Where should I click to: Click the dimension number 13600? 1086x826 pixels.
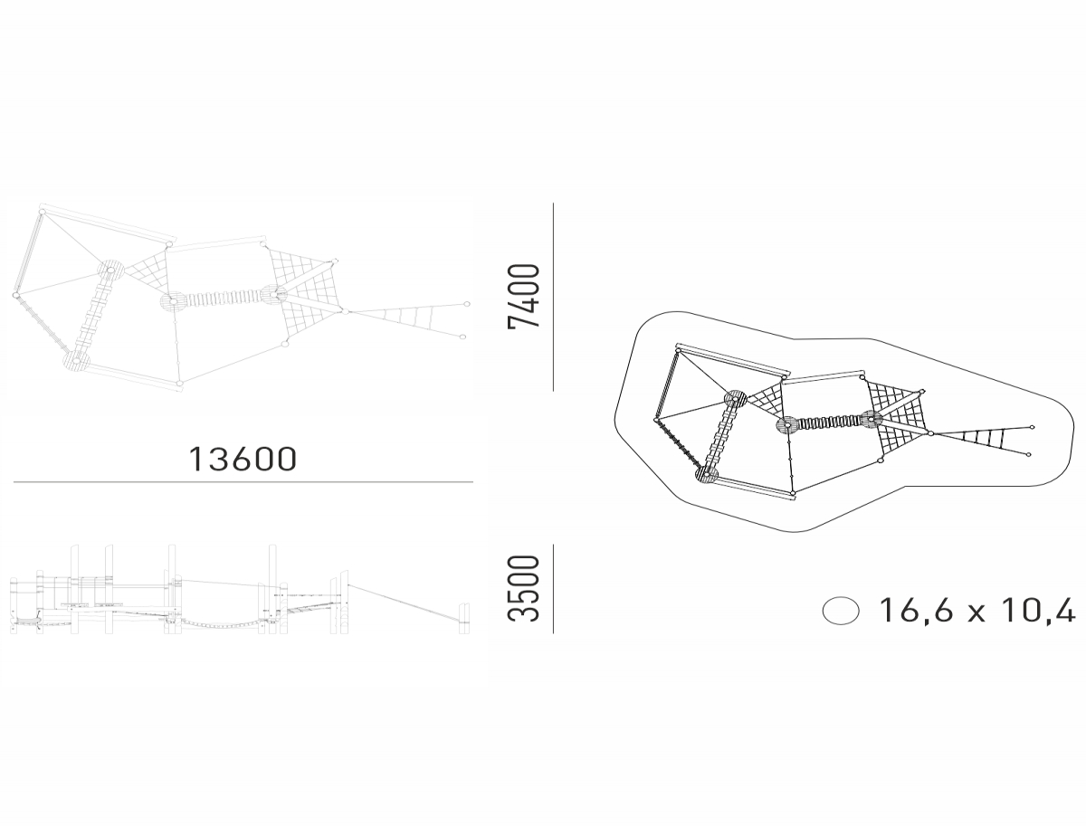click(243, 459)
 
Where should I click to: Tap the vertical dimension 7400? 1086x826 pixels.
click(523, 296)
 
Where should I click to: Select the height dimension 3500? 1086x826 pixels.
click(523, 589)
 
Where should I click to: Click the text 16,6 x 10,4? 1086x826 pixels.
click(977, 610)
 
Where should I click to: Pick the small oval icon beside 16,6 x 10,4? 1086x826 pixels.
click(841, 611)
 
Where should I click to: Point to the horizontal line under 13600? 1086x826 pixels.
click(243, 481)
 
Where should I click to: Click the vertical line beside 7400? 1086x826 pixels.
click(553, 297)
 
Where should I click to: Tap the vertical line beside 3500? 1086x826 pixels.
click(553, 589)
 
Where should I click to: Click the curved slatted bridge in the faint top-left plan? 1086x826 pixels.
click(223, 299)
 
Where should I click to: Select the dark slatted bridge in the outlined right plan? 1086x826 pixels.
click(827, 422)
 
